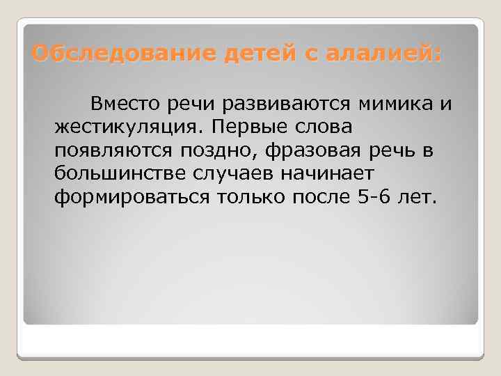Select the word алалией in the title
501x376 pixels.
pos(379,53)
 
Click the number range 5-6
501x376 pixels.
pos(380,197)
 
